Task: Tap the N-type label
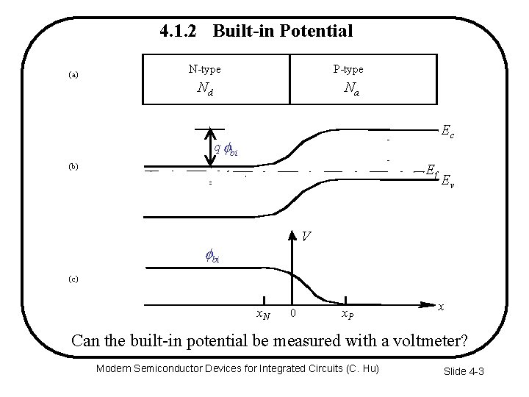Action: [x=204, y=70]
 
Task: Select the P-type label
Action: [x=348, y=70]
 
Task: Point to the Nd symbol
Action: [x=205, y=89]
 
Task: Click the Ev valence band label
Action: [x=447, y=182]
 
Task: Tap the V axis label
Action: [x=307, y=236]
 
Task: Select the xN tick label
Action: [x=262, y=315]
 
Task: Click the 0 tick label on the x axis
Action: [x=293, y=314]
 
